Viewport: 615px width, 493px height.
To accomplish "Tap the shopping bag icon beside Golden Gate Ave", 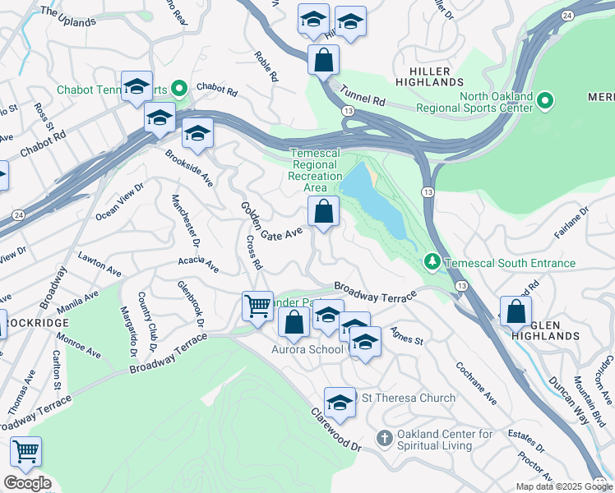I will coord(324,212).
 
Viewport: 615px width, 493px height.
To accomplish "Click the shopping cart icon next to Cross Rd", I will coord(257,306).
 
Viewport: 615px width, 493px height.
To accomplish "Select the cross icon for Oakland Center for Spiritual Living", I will coord(383,440).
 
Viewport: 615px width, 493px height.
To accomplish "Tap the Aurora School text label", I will coord(307,349).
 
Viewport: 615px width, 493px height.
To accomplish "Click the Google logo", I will coord(27,483).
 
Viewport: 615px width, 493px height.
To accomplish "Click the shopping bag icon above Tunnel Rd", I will coord(324,59).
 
